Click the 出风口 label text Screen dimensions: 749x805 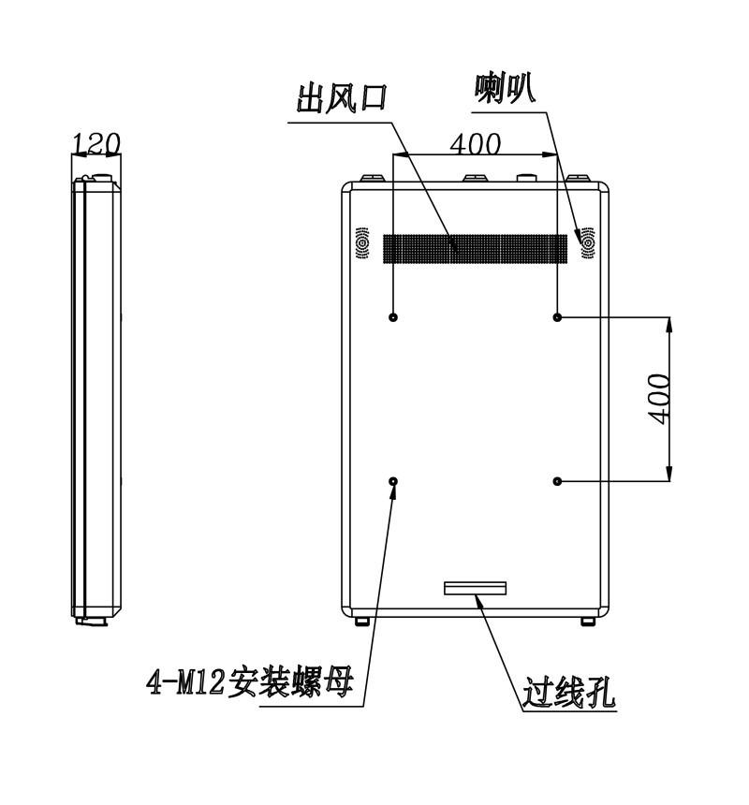342,98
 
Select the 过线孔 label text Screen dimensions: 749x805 569,693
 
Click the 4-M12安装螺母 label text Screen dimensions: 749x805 251,682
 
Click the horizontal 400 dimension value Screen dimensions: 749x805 475,144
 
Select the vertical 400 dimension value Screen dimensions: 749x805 658,399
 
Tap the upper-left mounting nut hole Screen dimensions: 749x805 393,317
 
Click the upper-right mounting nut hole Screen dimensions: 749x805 557,317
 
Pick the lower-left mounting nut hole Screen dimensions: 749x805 393,481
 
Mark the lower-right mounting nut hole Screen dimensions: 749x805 557,481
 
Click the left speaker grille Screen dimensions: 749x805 362,242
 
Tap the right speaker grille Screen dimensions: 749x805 588,242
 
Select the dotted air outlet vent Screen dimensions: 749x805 476,248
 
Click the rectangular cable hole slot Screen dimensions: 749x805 476,588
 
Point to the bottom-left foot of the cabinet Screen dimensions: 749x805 362,622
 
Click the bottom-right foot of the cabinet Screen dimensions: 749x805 588,622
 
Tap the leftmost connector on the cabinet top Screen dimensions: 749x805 373,178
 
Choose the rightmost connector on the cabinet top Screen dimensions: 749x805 578,178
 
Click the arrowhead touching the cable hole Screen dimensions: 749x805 479,601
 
